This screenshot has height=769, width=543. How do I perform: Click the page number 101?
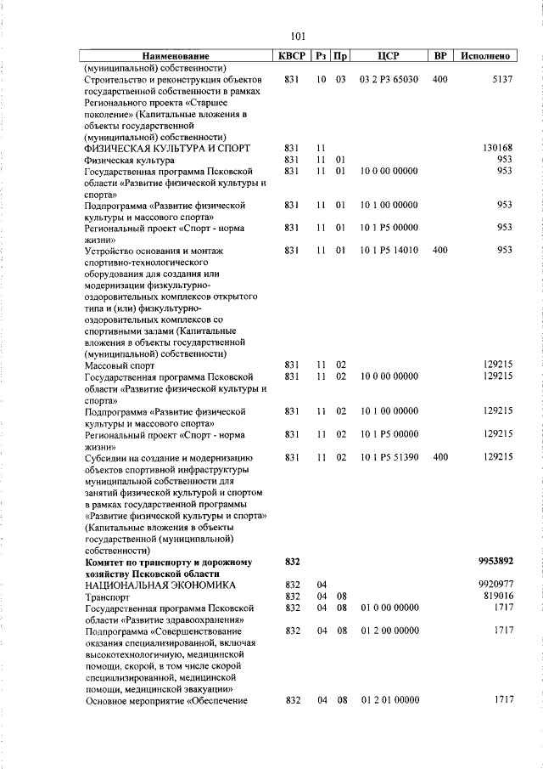pyautogui.click(x=297, y=36)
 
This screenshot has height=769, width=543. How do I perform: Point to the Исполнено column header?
pyautogui.click(x=485, y=56)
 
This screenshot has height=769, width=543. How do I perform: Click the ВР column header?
pyautogui.click(x=439, y=56)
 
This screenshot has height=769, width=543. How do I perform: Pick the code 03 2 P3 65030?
pyautogui.click(x=389, y=79)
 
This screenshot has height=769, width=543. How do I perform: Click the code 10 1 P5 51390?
pyautogui.click(x=389, y=457)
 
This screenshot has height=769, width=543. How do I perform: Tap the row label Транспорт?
pyautogui.click(x=109, y=597)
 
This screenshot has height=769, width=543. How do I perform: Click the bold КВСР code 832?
pyautogui.click(x=292, y=561)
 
